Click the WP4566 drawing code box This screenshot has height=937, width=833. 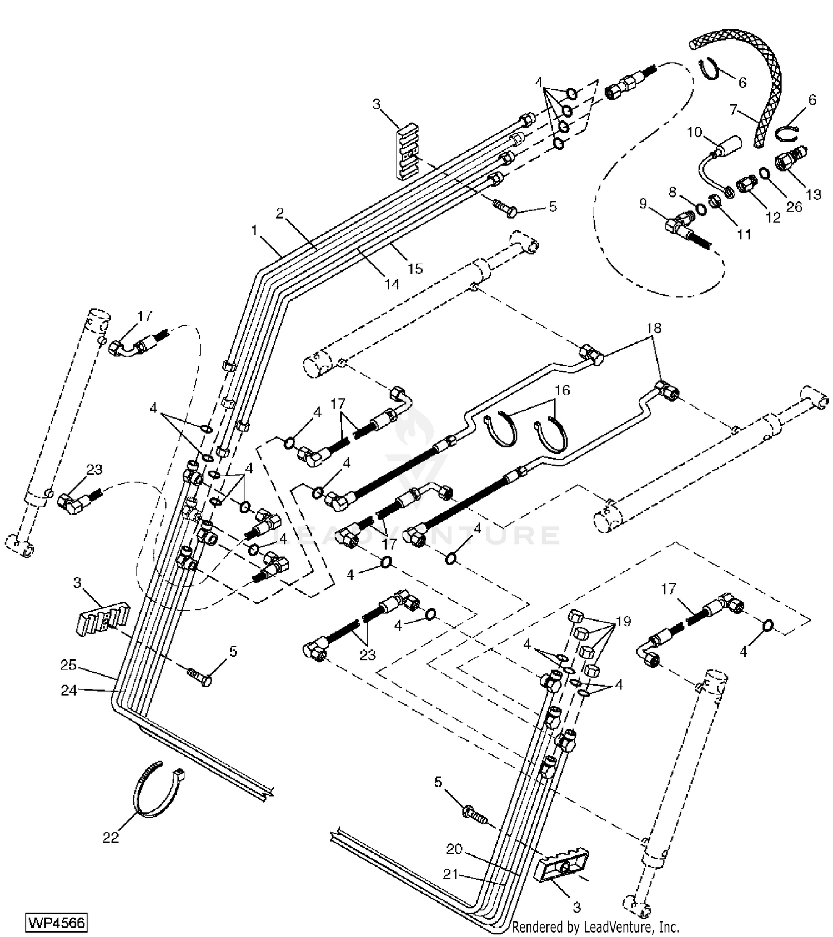tap(57, 923)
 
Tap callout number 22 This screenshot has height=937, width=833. tap(111, 837)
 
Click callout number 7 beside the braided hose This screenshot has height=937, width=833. tap(734, 110)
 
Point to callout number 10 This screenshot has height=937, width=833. tap(695, 132)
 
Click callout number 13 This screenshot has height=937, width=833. tap(813, 194)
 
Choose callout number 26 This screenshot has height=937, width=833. tap(795, 206)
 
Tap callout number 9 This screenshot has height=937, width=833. tap(643, 204)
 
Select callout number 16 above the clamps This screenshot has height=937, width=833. tap(562, 390)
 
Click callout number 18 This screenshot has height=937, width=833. tap(654, 328)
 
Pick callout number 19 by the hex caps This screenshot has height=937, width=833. tap(624, 621)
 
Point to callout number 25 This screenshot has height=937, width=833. tap(68, 665)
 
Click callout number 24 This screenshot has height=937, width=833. tap(68, 691)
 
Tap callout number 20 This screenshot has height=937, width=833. tap(454, 849)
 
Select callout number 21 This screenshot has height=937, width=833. tap(450, 874)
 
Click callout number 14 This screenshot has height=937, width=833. tap(392, 284)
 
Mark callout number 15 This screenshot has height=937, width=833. tap(415, 268)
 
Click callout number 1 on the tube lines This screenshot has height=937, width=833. tap(254, 230)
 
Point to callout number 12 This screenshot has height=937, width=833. tap(773, 218)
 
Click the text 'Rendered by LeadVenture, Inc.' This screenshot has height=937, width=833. tap(595, 926)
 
